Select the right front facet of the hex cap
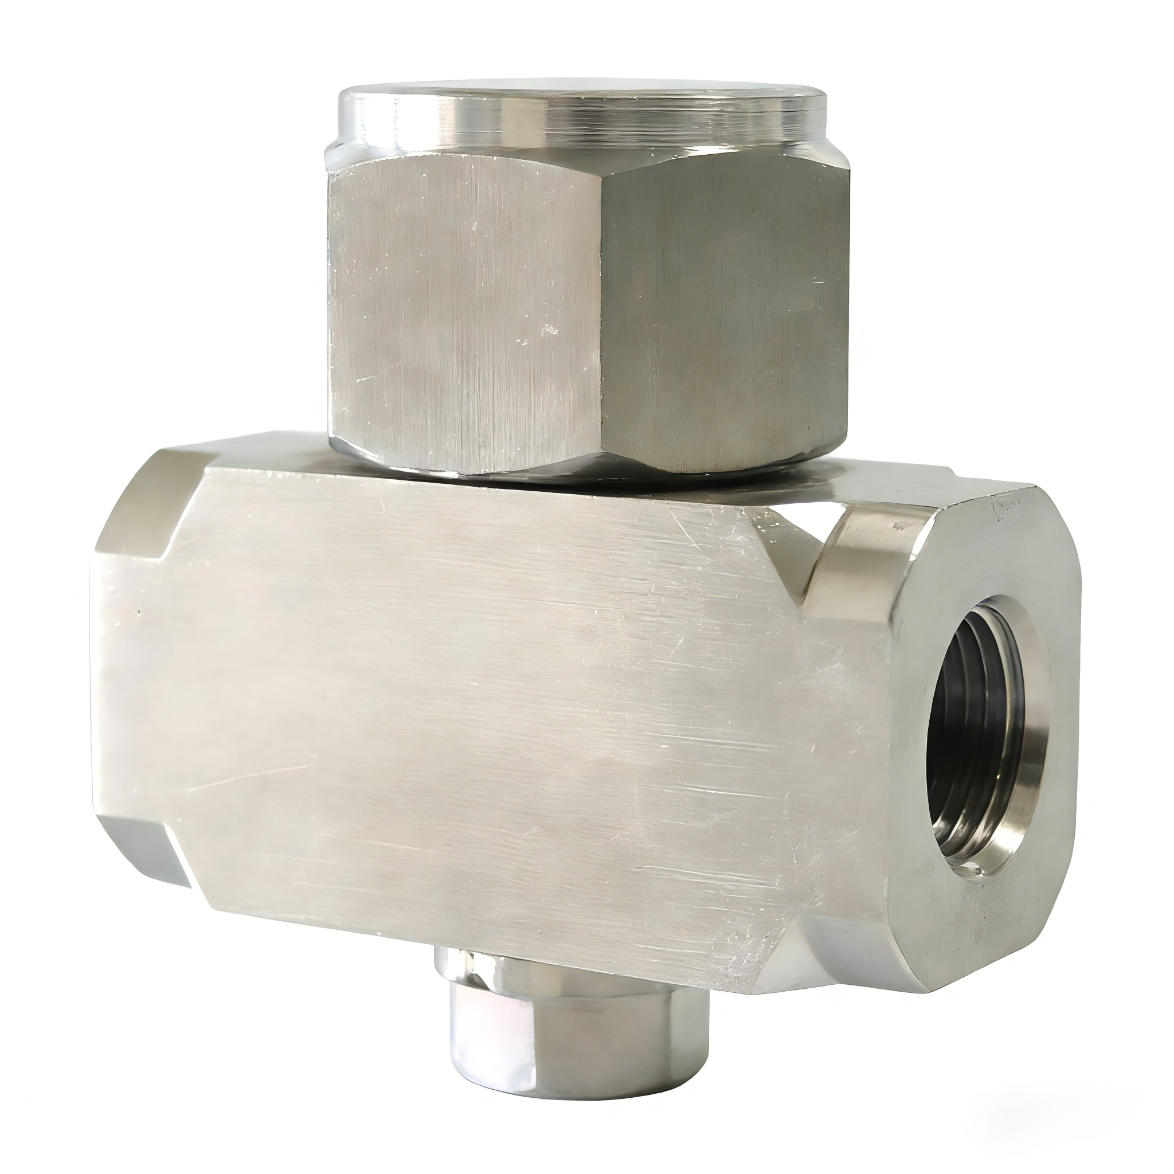tap(723, 304)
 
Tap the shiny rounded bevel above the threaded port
tap(863, 547)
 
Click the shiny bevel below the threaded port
tap(851, 948)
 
